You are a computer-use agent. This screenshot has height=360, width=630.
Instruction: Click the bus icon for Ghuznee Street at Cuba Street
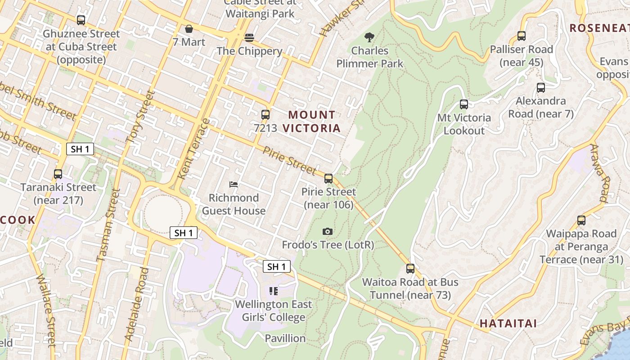[x=81, y=20]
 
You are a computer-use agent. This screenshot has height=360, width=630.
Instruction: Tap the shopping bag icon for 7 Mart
[x=189, y=29]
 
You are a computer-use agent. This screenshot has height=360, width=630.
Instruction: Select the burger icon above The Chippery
[x=249, y=37]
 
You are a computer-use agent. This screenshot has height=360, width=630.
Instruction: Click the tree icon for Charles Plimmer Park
[x=370, y=37]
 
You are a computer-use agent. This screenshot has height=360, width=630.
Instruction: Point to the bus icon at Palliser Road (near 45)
[x=522, y=36]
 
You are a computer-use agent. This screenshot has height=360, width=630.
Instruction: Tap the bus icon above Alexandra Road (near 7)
[x=541, y=88]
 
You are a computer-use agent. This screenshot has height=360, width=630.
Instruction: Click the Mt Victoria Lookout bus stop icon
[x=464, y=104]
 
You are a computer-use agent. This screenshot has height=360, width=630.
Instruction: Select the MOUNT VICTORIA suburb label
[x=312, y=121]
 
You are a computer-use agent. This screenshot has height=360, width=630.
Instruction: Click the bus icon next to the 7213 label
[x=265, y=115]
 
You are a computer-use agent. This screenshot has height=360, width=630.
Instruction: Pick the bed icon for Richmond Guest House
[x=234, y=184]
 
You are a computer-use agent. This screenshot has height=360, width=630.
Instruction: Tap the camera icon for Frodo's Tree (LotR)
[x=328, y=231]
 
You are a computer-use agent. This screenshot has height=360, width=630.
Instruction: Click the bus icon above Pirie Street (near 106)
[x=328, y=179]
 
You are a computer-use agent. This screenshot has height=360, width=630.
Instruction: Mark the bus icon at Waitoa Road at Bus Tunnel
[x=410, y=269]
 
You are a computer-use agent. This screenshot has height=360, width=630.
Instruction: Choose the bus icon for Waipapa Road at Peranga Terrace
[x=581, y=220]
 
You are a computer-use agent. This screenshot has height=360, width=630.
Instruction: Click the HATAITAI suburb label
[x=508, y=323]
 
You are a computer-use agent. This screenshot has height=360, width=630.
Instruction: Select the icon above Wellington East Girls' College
[x=274, y=291]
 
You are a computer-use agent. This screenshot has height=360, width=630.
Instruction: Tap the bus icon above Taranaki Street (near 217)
[x=58, y=174]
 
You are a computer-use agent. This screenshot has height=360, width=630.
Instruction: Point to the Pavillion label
[x=285, y=338]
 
